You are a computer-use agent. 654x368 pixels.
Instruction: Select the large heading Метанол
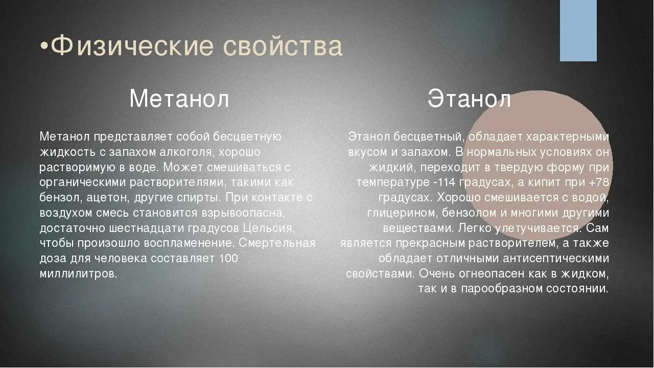point(179,99)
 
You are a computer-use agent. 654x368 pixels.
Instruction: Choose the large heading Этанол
point(469,99)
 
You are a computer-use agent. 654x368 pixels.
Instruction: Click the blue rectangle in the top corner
point(578,31)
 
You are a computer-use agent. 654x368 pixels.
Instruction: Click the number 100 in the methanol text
point(228,258)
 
